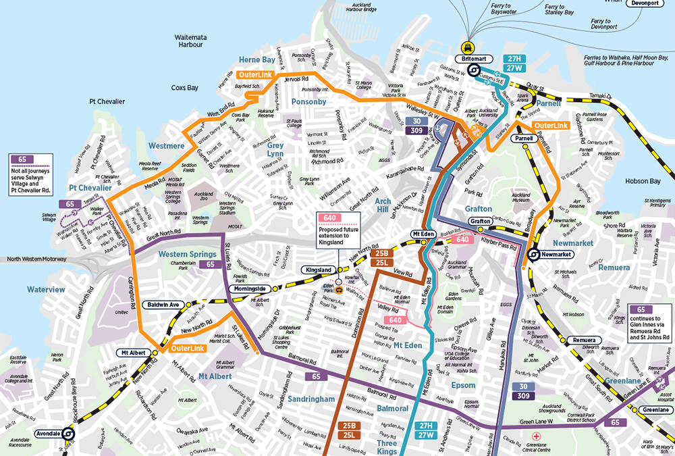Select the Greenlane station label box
pyautogui.click(x=655, y=410)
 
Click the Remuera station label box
pyautogui.click(x=583, y=339)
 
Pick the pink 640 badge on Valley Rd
pyautogui.click(x=396, y=320)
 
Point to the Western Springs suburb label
pyautogui.click(x=182, y=254)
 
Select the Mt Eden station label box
pyautogui.click(x=422, y=234)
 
